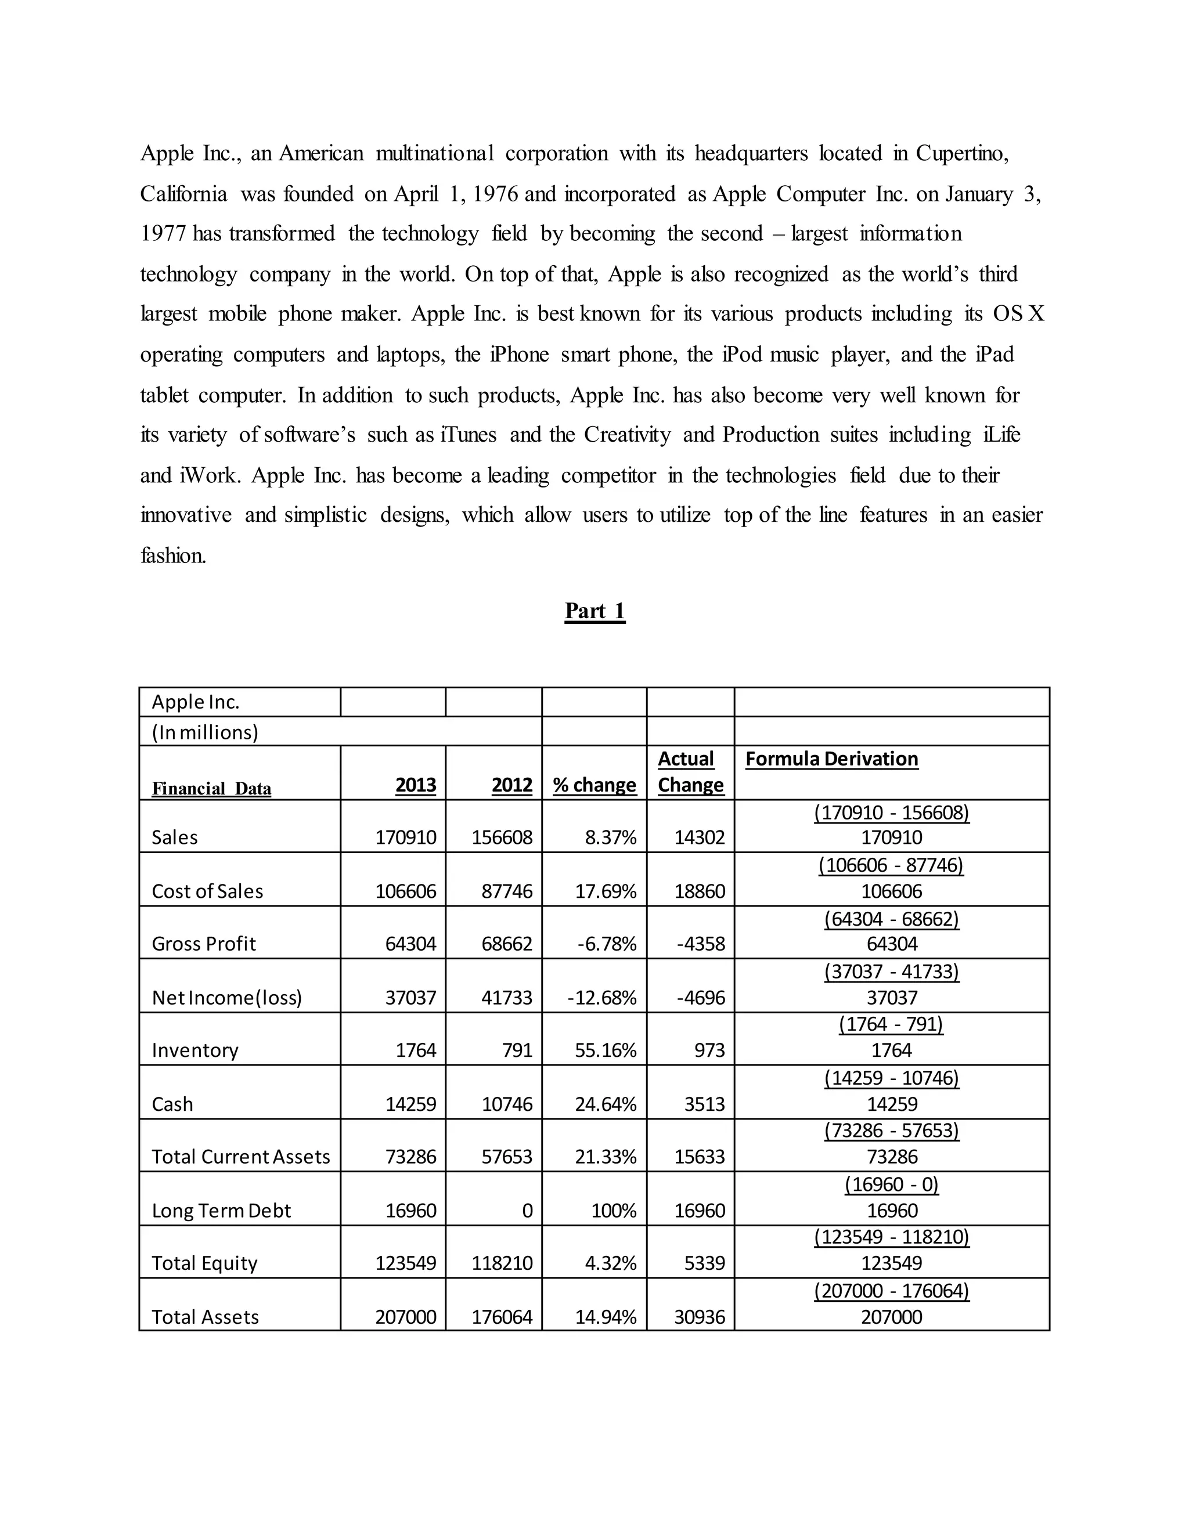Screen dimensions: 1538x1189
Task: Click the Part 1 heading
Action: (594, 611)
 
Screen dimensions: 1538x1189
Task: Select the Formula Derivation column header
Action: (831, 759)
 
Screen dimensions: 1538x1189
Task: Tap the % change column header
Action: (594, 785)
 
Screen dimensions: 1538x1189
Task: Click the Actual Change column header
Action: (690, 772)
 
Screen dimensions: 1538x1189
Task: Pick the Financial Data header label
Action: (211, 788)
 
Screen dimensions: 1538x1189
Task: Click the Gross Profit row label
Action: (204, 944)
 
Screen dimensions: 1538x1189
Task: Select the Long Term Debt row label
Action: (221, 1211)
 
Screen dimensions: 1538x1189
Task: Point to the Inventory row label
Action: (195, 1050)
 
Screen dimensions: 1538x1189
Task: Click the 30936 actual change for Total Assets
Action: (699, 1317)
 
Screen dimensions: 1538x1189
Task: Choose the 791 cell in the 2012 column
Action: (517, 1050)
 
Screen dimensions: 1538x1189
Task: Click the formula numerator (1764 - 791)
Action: (891, 1024)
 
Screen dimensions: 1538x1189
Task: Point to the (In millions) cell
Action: (205, 732)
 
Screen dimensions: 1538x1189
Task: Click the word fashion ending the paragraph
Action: (173, 555)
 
